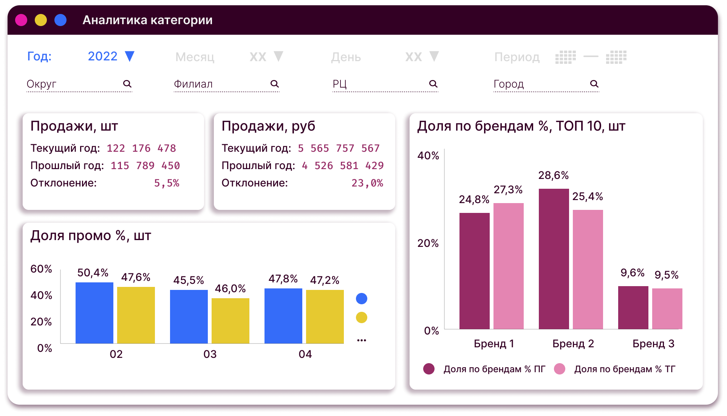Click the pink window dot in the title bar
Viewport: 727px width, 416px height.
click(21, 20)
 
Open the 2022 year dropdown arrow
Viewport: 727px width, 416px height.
click(130, 56)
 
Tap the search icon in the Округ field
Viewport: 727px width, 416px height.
click(127, 84)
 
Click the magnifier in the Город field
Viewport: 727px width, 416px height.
click(594, 84)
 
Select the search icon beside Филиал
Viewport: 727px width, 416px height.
click(275, 84)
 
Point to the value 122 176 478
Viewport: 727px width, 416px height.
click(141, 148)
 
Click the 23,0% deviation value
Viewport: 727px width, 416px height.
click(367, 183)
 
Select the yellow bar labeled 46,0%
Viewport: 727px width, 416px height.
click(230, 320)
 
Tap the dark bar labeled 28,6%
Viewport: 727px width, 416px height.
click(554, 259)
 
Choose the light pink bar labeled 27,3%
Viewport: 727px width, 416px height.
click(508, 266)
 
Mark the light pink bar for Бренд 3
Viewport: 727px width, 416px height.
click(667, 308)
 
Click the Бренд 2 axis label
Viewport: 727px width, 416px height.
click(573, 344)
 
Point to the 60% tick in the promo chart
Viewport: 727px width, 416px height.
click(41, 269)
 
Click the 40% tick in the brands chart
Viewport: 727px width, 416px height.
click(428, 156)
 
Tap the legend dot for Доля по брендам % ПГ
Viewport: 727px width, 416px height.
click(429, 369)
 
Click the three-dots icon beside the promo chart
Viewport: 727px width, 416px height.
click(362, 341)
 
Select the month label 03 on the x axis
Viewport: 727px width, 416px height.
click(210, 354)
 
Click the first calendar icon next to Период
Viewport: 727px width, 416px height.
click(566, 57)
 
